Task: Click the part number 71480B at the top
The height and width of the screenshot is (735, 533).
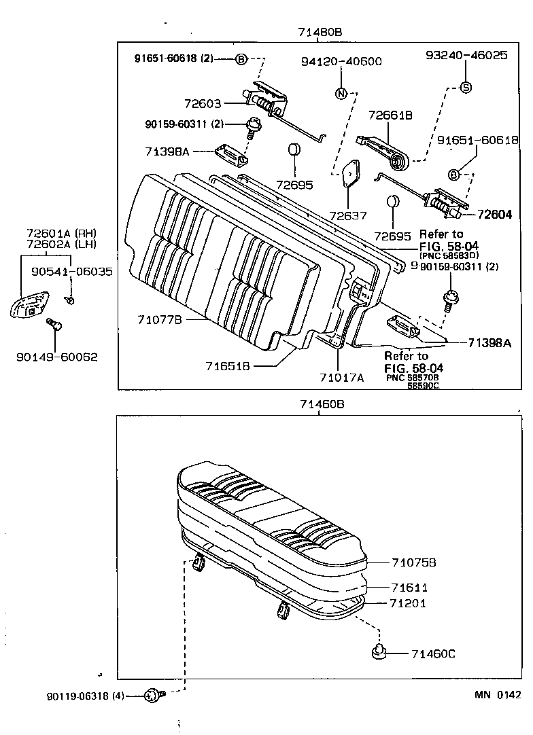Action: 319,33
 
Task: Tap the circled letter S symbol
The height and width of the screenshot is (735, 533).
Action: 466,86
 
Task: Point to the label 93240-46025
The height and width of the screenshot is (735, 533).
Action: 466,56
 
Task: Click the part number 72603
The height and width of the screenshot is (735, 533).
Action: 202,103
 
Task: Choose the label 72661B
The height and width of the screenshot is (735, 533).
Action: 390,115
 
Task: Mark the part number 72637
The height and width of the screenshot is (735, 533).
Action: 347,215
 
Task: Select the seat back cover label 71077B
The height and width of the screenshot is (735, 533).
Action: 158,319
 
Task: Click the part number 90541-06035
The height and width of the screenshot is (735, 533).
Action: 71,272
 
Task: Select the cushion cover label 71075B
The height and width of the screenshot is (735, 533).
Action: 413,562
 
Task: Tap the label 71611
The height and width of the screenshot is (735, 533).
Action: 409,587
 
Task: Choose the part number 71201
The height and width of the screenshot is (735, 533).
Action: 408,603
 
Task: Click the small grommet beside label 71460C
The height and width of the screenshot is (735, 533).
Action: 379,653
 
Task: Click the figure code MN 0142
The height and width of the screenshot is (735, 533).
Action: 498,694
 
